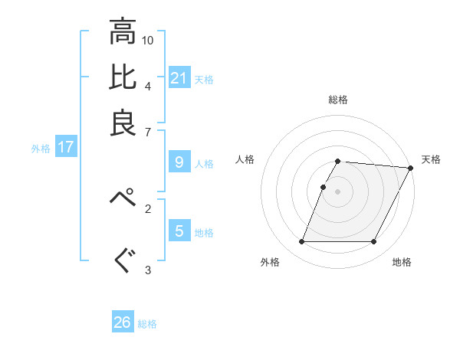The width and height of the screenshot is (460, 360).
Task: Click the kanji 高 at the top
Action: point(123,32)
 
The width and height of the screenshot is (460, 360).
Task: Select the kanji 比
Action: point(123,77)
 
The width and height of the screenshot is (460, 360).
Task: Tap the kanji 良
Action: point(123,122)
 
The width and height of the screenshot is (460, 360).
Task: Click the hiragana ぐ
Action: point(123,260)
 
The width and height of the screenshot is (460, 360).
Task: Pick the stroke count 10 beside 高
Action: point(148,40)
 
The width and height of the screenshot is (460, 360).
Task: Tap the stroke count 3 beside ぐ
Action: point(148,270)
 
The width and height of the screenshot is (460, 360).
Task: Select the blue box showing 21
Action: point(179,77)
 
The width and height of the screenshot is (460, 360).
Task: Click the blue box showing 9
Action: point(179,162)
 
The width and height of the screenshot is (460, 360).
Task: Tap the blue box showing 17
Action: point(66,147)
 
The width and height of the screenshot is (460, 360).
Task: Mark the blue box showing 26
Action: point(123,322)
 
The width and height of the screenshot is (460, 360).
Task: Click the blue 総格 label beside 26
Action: point(147,324)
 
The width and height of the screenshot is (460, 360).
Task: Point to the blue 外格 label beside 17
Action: point(41,149)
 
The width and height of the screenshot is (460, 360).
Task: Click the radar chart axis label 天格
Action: point(431,159)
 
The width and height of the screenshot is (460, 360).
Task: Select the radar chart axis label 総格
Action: point(338,100)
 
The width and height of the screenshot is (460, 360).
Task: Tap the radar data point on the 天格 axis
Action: point(411,168)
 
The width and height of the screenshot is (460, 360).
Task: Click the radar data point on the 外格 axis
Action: point(301,242)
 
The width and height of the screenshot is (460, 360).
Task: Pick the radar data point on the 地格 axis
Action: point(374,242)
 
